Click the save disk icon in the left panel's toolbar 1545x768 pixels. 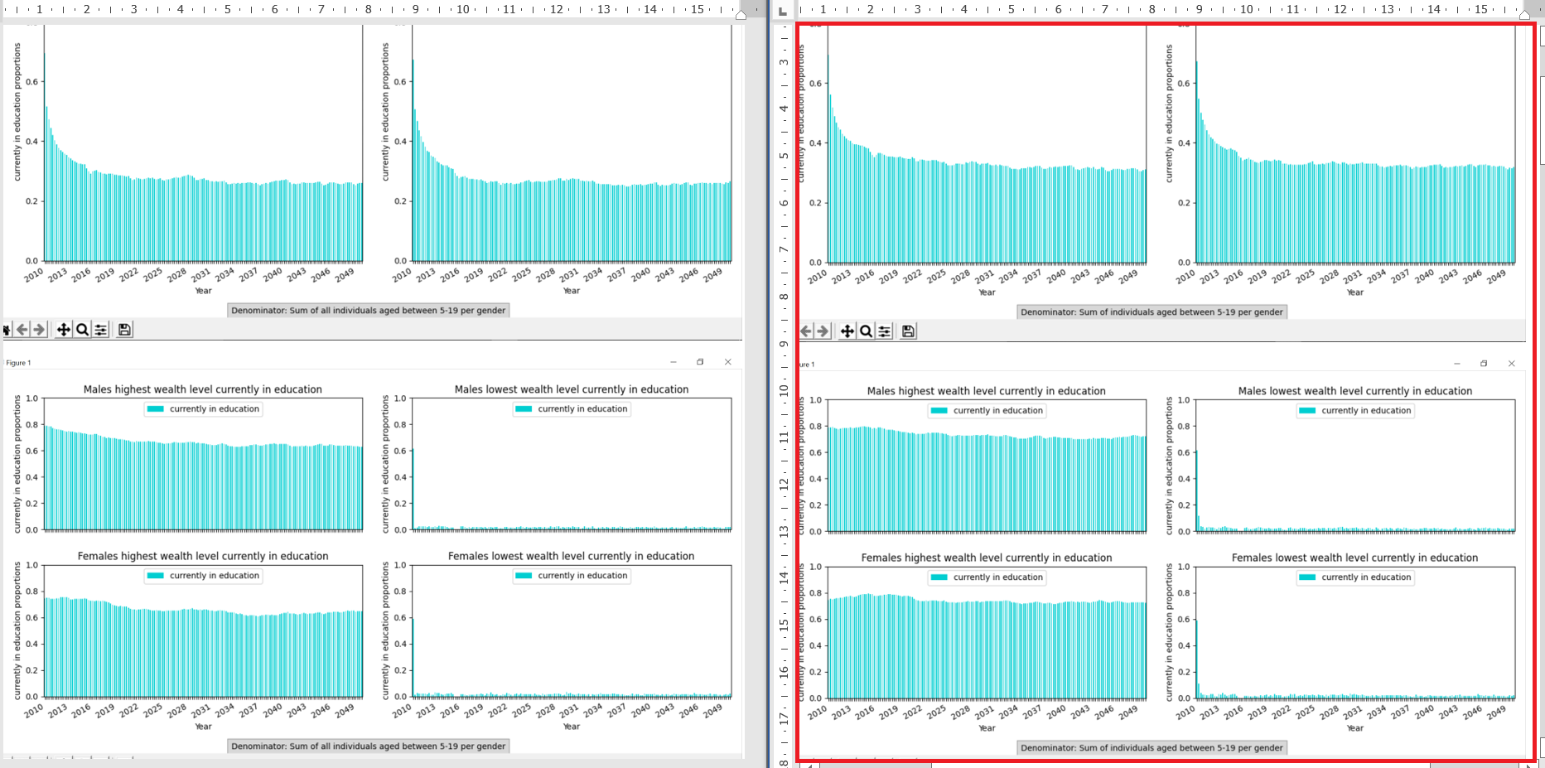pos(124,330)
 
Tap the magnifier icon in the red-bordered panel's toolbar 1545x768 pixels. pos(866,331)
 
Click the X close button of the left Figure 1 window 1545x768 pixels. pos(727,362)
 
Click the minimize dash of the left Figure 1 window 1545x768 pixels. pos(673,362)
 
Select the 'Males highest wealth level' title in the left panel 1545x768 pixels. pos(202,389)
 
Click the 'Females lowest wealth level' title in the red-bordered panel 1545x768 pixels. pos(1354,558)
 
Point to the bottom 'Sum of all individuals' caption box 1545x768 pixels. pos(368,746)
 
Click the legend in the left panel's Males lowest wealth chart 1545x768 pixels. pos(572,408)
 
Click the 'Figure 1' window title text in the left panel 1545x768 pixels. pos(18,363)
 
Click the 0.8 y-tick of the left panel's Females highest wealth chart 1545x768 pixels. pos(31,592)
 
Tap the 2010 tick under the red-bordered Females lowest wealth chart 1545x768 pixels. pos(1185,712)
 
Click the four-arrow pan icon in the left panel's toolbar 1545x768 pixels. pos(63,330)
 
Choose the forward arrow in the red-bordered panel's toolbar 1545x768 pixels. pos(823,331)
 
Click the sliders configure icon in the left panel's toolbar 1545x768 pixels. pos(101,330)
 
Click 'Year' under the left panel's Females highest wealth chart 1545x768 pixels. pos(203,727)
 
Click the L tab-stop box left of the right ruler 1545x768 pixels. pos(783,11)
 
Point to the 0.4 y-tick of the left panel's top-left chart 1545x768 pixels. pos(31,142)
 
